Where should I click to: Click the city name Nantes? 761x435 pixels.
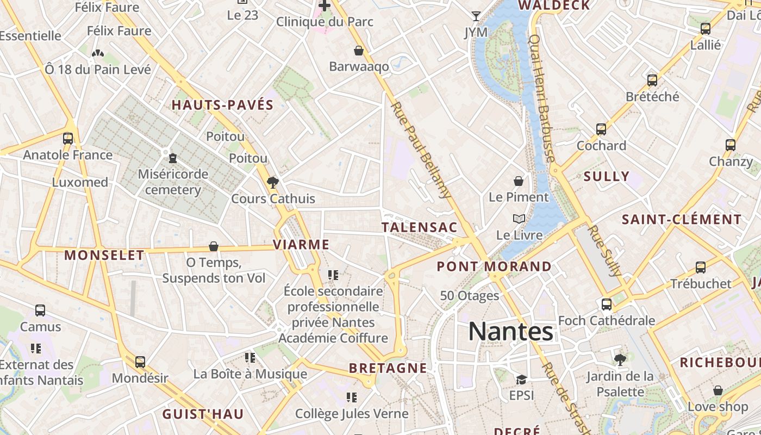point(510,331)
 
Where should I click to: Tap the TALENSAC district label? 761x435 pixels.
point(419,227)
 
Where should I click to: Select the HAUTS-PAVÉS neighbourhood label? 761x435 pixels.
point(222,105)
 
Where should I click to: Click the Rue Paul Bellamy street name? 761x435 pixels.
point(422,150)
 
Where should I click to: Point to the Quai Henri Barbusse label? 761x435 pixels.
point(541,98)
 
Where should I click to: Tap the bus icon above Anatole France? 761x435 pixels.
point(68,139)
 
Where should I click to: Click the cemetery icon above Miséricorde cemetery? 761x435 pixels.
point(173,158)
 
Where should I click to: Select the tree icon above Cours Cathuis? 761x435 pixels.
point(273,182)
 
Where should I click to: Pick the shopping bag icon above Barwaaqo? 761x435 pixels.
point(359,51)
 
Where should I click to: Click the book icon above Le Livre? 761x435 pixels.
point(519,219)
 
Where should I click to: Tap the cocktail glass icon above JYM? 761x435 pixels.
point(476,16)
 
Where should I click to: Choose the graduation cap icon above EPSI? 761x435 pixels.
point(521,379)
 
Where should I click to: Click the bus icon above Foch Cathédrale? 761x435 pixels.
point(607,304)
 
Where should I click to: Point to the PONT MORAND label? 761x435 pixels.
point(494,266)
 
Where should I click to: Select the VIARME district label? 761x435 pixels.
point(301,245)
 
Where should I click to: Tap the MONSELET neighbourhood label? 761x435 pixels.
point(104,255)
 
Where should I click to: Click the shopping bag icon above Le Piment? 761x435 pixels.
point(519,181)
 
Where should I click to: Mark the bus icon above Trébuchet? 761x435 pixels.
point(701,267)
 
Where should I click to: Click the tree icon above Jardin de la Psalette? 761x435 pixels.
point(620,359)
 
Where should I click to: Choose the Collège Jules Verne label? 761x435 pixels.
point(352,414)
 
